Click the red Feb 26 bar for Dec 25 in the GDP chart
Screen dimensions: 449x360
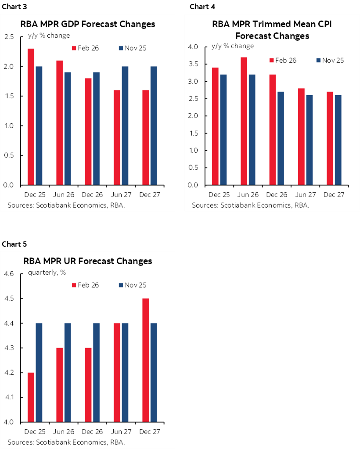click(31, 116)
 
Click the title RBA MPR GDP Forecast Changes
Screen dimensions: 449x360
click(88, 24)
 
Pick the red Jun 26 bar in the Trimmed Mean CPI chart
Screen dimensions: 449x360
click(244, 121)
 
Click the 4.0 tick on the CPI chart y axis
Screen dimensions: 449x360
click(193, 47)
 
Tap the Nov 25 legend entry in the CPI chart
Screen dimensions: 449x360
click(329, 60)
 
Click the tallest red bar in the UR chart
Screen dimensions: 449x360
click(145, 360)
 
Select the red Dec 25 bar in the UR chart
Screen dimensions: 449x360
click(31, 397)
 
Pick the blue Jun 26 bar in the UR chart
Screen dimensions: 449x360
click(68, 372)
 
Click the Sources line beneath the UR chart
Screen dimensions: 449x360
click(66, 442)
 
